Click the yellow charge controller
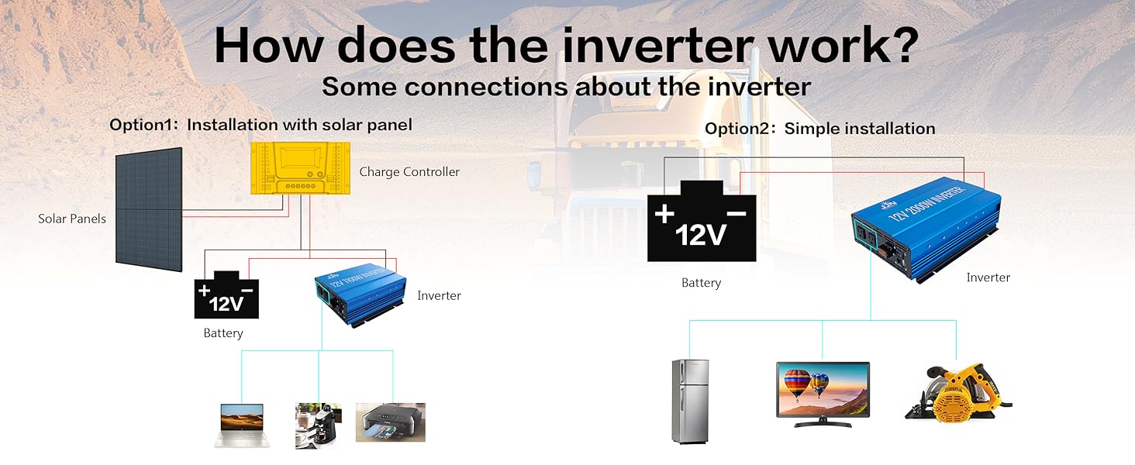(x=301, y=168)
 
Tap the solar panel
(x=149, y=209)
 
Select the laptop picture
(x=242, y=425)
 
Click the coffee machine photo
(x=318, y=425)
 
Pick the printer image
(x=391, y=422)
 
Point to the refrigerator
(x=690, y=401)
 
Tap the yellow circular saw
(x=957, y=393)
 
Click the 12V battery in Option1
(x=226, y=294)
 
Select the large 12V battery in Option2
(x=702, y=222)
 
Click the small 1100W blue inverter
(x=361, y=294)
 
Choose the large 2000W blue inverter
(x=926, y=229)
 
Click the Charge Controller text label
(x=409, y=172)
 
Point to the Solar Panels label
(x=72, y=219)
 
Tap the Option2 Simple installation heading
(x=819, y=129)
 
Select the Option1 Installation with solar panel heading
(x=261, y=125)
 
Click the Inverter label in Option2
(x=988, y=277)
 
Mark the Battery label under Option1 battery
(x=223, y=333)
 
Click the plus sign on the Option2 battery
(x=664, y=214)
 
